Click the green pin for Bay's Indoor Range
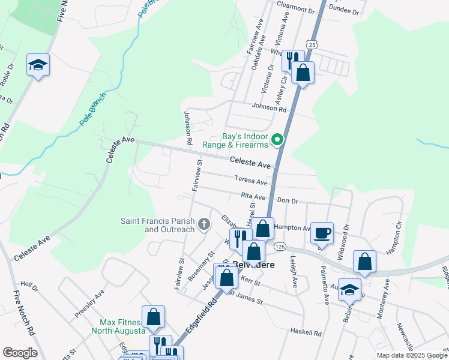277,140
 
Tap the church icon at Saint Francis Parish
204,224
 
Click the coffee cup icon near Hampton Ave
322,233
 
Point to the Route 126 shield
280,247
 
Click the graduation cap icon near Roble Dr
38,65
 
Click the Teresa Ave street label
250,180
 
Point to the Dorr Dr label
286,202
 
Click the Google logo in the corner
20,353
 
